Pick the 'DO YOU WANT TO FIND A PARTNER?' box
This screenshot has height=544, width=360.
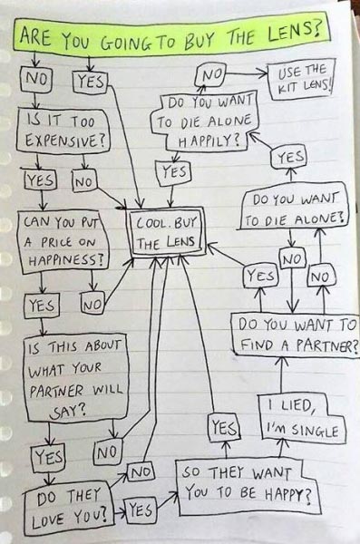[x=297, y=335]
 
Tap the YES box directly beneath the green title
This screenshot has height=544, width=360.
[x=92, y=81]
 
